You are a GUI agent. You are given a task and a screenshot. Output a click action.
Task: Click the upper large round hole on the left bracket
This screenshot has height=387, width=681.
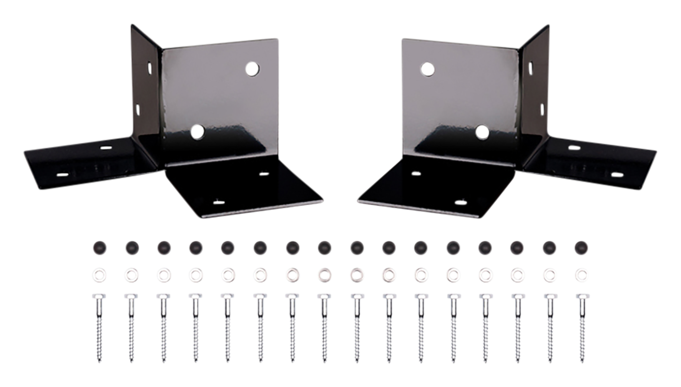coord(252,69)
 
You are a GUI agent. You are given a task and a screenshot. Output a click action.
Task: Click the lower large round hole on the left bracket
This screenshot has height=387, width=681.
coord(198,132)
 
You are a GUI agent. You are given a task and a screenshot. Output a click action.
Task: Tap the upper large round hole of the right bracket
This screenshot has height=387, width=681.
coord(427,69)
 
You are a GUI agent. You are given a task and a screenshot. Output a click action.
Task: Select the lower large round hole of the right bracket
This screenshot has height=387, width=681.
coord(482,132)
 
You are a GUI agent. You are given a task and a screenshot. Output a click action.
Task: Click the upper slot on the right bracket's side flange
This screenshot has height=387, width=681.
coord(531,67)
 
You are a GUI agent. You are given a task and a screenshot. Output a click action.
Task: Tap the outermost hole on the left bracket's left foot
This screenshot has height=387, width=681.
coord(62,174)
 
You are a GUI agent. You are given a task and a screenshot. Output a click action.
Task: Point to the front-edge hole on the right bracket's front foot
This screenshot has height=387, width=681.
coord(461,201)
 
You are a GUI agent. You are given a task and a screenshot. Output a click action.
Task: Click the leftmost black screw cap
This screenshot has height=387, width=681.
coord(100,247)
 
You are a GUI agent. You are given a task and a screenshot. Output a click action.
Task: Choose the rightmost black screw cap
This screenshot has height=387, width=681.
coord(581,247)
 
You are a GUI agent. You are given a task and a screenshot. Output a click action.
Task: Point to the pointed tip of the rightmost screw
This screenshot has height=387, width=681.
coord(582,362)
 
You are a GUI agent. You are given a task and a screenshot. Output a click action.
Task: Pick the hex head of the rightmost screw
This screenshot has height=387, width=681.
coord(582,296)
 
